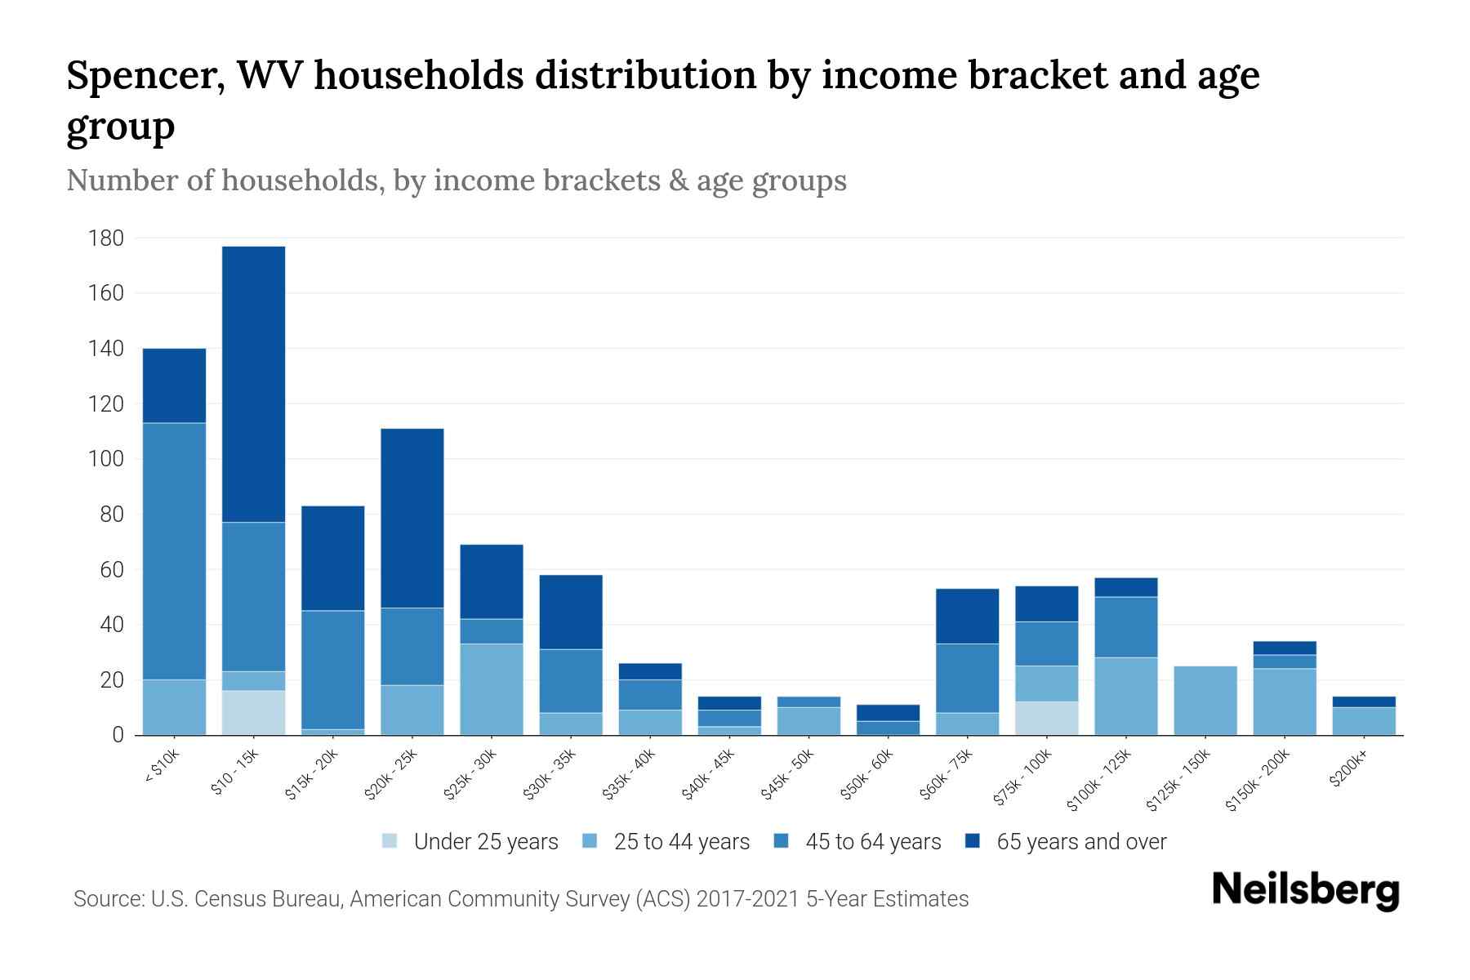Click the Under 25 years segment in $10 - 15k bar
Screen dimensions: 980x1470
(x=253, y=712)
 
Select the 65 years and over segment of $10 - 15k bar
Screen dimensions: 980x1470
(x=253, y=384)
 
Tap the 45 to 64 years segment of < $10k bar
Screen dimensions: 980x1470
(x=174, y=551)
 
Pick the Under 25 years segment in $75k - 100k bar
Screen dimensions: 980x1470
(x=1046, y=718)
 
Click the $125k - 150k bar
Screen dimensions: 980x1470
(x=1205, y=701)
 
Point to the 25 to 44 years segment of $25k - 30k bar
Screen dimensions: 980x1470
(x=492, y=689)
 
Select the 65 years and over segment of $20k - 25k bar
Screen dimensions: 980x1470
(x=412, y=518)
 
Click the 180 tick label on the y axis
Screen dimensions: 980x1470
(x=105, y=238)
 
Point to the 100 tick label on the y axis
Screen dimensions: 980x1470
(x=105, y=459)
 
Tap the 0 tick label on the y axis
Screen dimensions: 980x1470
(x=118, y=735)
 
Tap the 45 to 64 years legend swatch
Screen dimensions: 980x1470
(x=782, y=841)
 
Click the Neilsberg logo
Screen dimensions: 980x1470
(x=1305, y=890)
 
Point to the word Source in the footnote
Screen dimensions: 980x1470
(x=106, y=899)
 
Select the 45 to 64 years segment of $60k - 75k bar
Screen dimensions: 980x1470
(x=967, y=678)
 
